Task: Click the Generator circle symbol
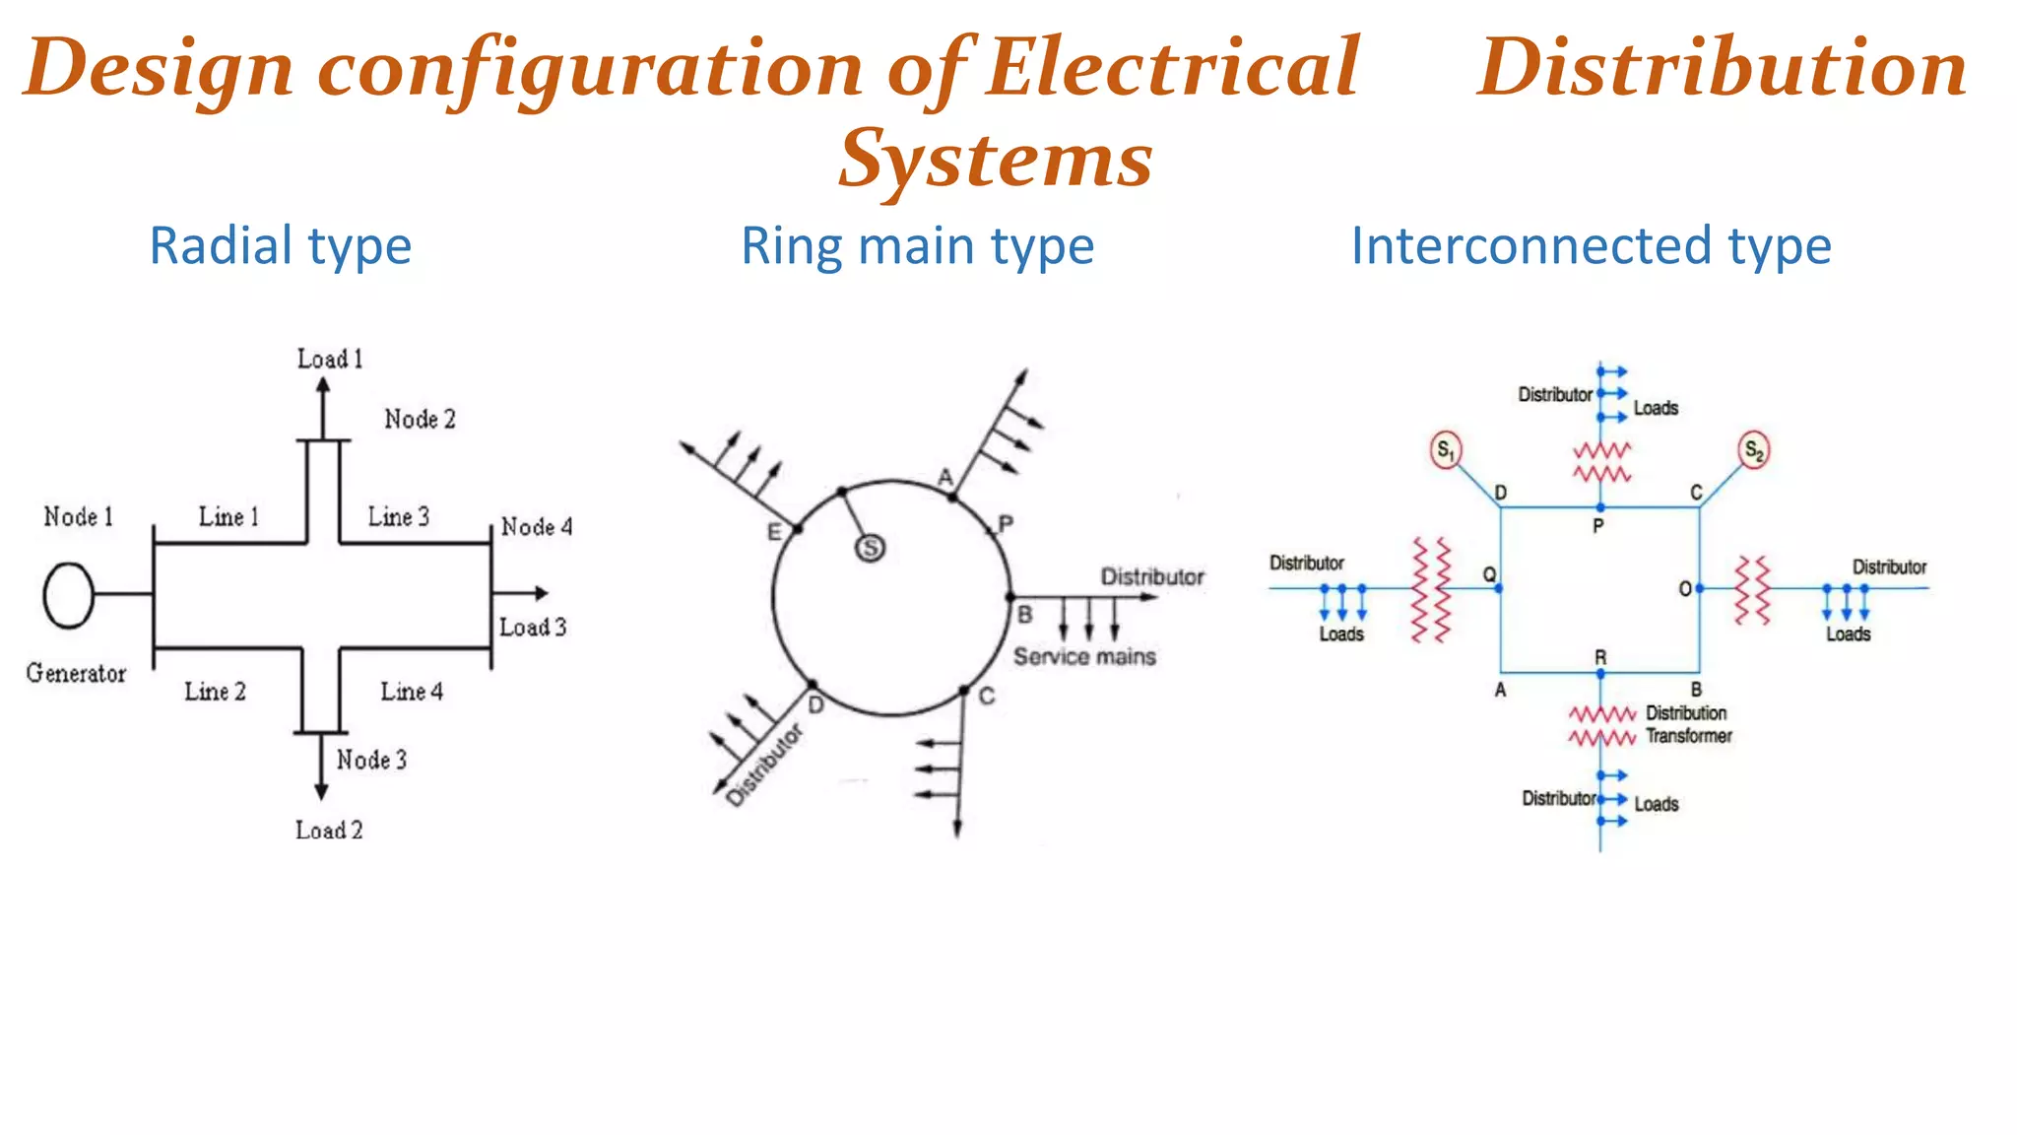68,594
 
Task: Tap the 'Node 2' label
420,420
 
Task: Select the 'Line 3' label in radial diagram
399,517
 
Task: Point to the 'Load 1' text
330,360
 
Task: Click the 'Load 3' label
533,628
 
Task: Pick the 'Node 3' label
371,760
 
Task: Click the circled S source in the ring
870,548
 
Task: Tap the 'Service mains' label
1084,657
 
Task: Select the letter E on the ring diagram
774,532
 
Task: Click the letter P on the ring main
1006,524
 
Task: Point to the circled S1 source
1445,451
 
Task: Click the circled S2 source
1754,451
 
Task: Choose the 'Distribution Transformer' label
1687,724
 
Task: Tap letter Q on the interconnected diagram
1489,574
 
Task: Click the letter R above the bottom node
1600,657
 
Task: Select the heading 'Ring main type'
917,246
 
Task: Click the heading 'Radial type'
281,246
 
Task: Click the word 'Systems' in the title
996,160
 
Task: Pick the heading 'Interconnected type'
1591,246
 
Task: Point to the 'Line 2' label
215,692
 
